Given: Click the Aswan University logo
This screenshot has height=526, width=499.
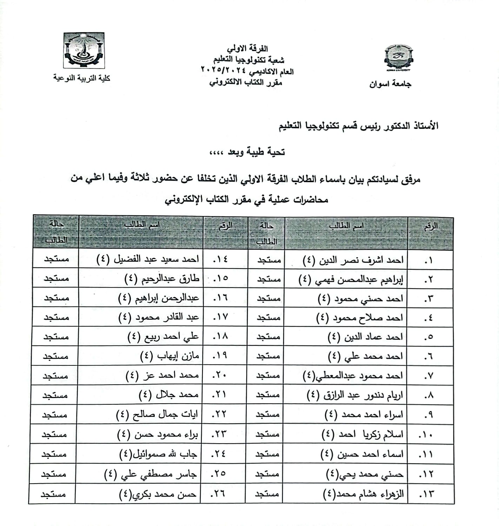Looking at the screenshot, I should [398, 58].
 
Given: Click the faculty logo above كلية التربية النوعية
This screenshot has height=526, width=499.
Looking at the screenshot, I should [84, 51].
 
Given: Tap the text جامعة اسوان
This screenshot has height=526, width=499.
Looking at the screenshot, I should [390, 84].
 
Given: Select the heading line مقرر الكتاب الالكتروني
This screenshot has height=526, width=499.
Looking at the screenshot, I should [246, 83].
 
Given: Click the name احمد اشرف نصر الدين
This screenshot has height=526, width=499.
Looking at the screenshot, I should [353, 260].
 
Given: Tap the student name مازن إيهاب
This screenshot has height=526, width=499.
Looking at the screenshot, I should [169, 356].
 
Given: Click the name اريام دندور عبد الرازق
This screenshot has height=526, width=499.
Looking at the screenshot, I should [354, 396].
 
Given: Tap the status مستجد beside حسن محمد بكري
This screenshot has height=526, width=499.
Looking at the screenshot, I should [53, 494].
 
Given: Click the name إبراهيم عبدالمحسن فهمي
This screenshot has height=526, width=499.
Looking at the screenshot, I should [351, 279].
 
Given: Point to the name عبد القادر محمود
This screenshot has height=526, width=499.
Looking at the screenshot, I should [159, 317].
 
